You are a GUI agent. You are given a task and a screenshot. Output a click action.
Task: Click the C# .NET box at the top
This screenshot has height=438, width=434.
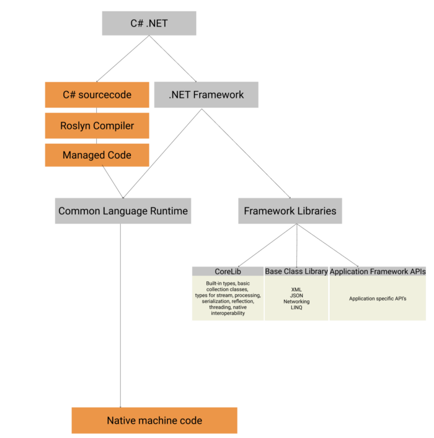tap(149, 24)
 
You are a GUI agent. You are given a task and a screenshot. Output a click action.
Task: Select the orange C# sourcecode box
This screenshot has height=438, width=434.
tap(97, 95)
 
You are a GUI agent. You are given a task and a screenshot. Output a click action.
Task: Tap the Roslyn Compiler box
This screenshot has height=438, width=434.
tap(97, 126)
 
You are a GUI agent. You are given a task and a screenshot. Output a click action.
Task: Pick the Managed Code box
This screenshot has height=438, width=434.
tap(97, 155)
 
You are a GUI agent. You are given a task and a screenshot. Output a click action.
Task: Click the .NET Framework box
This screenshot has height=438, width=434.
tap(206, 95)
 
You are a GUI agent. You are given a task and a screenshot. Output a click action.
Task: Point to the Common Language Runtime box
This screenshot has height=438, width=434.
tap(123, 211)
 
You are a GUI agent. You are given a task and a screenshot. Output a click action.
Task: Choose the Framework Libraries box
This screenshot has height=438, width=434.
tap(290, 211)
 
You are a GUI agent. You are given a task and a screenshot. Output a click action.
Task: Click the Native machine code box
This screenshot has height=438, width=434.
tap(154, 421)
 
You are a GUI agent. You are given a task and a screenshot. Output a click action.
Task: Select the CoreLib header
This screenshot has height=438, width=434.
tap(228, 271)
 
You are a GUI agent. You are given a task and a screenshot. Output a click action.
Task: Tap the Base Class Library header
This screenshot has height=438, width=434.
tap(296, 271)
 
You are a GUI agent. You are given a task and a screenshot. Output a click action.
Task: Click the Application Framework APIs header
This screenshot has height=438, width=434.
tap(378, 271)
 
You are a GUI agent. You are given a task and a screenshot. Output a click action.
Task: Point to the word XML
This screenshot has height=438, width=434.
tap(296, 289)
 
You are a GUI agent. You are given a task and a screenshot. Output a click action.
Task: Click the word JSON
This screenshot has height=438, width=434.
tap(296, 296)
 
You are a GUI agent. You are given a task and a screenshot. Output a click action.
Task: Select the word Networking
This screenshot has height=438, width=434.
tap(296, 302)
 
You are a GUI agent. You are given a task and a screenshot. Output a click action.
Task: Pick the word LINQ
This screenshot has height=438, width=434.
tap(296, 308)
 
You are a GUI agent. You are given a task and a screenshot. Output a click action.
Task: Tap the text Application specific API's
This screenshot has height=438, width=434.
tap(378, 299)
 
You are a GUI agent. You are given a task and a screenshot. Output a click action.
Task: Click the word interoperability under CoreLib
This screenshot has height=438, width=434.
tap(228, 313)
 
